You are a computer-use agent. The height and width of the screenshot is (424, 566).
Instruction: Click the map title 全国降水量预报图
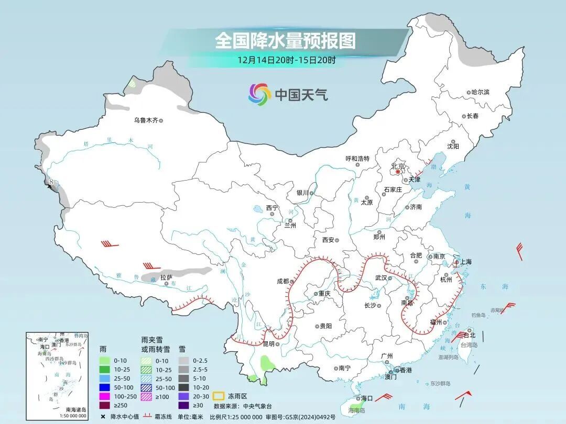pyautogui.click(x=286, y=40)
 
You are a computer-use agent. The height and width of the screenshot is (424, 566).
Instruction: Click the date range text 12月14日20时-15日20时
pyautogui.click(x=286, y=60)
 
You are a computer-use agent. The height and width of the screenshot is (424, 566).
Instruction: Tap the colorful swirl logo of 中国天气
pyautogui.click(x=259, y=94)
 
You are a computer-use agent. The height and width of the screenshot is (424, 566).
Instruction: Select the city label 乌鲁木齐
pyautogui.click(x=145, y=120)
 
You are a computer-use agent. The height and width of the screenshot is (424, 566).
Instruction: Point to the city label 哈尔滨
pyautogui.click(x=480, y=92)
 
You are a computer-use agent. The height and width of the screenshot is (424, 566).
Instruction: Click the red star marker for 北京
pyautogui.click(x=398, y=171)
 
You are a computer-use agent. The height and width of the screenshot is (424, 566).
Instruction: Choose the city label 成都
pyautogui.click(x=282, y=281)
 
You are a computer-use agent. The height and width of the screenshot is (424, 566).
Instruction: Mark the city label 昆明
pyautogui.click(x=268, y=344)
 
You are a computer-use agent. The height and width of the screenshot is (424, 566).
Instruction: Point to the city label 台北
pyautogui.click(x=469, y=335)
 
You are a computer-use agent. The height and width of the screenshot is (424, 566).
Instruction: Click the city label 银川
pyautogui.click(x=302, y=193)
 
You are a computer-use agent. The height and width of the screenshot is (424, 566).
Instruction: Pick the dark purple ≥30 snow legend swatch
pyautogui.click(x=184, y=405)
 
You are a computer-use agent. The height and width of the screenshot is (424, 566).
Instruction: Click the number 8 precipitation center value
pyautogui.click(x=51, y=183)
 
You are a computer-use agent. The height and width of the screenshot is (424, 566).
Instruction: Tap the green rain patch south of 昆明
pyautogui.click(x=268, y=362)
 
